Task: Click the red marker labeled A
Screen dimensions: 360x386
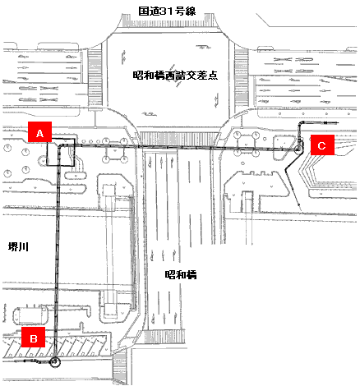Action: point(39,132)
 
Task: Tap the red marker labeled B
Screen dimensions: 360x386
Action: point(33,337)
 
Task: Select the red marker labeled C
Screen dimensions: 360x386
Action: point(322,145)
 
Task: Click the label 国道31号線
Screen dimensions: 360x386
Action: point(167,11)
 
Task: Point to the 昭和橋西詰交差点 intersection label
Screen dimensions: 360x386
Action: point(175,76)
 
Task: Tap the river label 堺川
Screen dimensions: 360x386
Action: point(18,247)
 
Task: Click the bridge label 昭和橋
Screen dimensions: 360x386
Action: point(181,274)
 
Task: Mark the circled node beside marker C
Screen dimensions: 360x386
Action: point(298,149)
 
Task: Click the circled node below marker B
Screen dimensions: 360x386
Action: point(55,362)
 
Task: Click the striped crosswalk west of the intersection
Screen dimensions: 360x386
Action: point(95,78)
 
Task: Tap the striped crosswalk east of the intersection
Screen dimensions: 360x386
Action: point(242,78)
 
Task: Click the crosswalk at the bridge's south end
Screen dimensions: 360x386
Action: point(164,335)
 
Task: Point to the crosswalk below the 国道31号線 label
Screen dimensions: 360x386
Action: point(168,22)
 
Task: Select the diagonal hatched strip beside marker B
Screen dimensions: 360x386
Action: point(56,347)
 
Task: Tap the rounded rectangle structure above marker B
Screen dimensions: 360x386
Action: point(30,315)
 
